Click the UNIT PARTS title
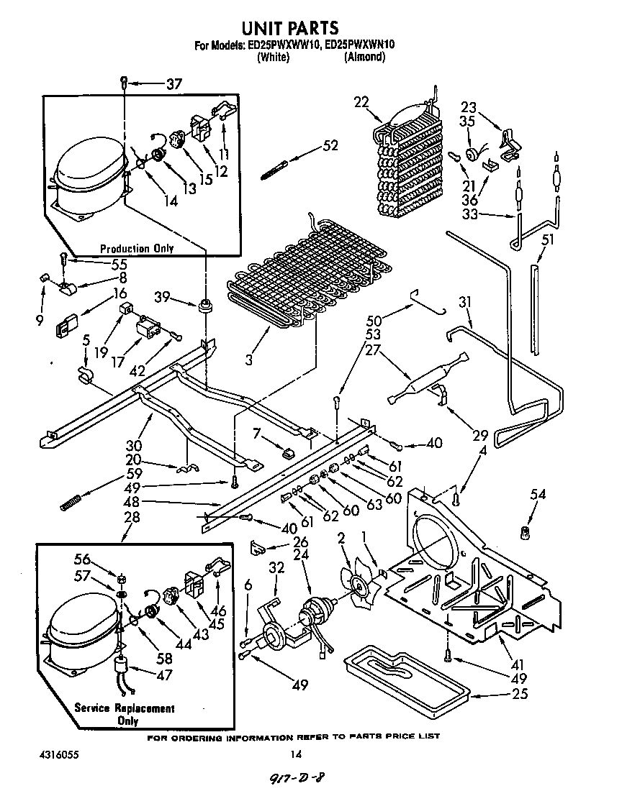[x=289, y=28]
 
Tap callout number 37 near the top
[x=173, y=84]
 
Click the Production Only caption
[x=137, y=249]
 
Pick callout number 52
[x=330, y=145]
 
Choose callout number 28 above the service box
[x=131, y=517]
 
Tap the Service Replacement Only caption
[x=125, y=714]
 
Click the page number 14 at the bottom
[x=294, y=754]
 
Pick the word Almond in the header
[x=364, y=57]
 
